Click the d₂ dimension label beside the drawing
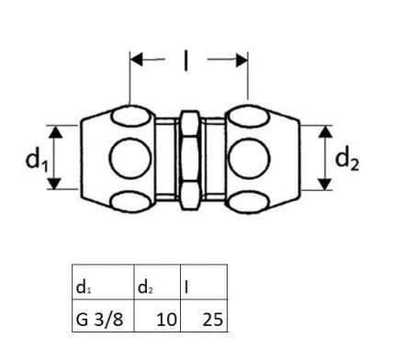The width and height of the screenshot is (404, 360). (347, 160)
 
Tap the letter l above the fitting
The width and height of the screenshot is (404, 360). (185, 61)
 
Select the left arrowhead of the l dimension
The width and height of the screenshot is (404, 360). (137, 60)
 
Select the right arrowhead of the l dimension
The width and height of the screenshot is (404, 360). (241, 60)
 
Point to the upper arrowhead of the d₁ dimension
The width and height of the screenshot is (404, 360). (55, 132)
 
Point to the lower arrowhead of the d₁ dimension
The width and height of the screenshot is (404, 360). (55, 183)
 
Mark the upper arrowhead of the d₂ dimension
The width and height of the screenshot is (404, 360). (325, 132)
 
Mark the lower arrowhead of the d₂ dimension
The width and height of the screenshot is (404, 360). (325, 184)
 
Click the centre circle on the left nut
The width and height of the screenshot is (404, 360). (130, 158)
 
